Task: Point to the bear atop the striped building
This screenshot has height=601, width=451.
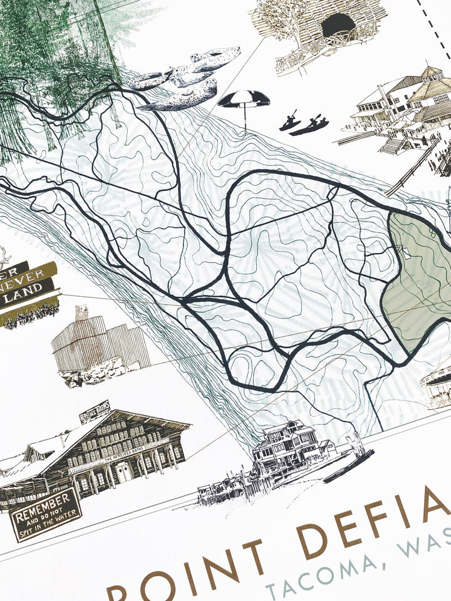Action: [x=81, y=312]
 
